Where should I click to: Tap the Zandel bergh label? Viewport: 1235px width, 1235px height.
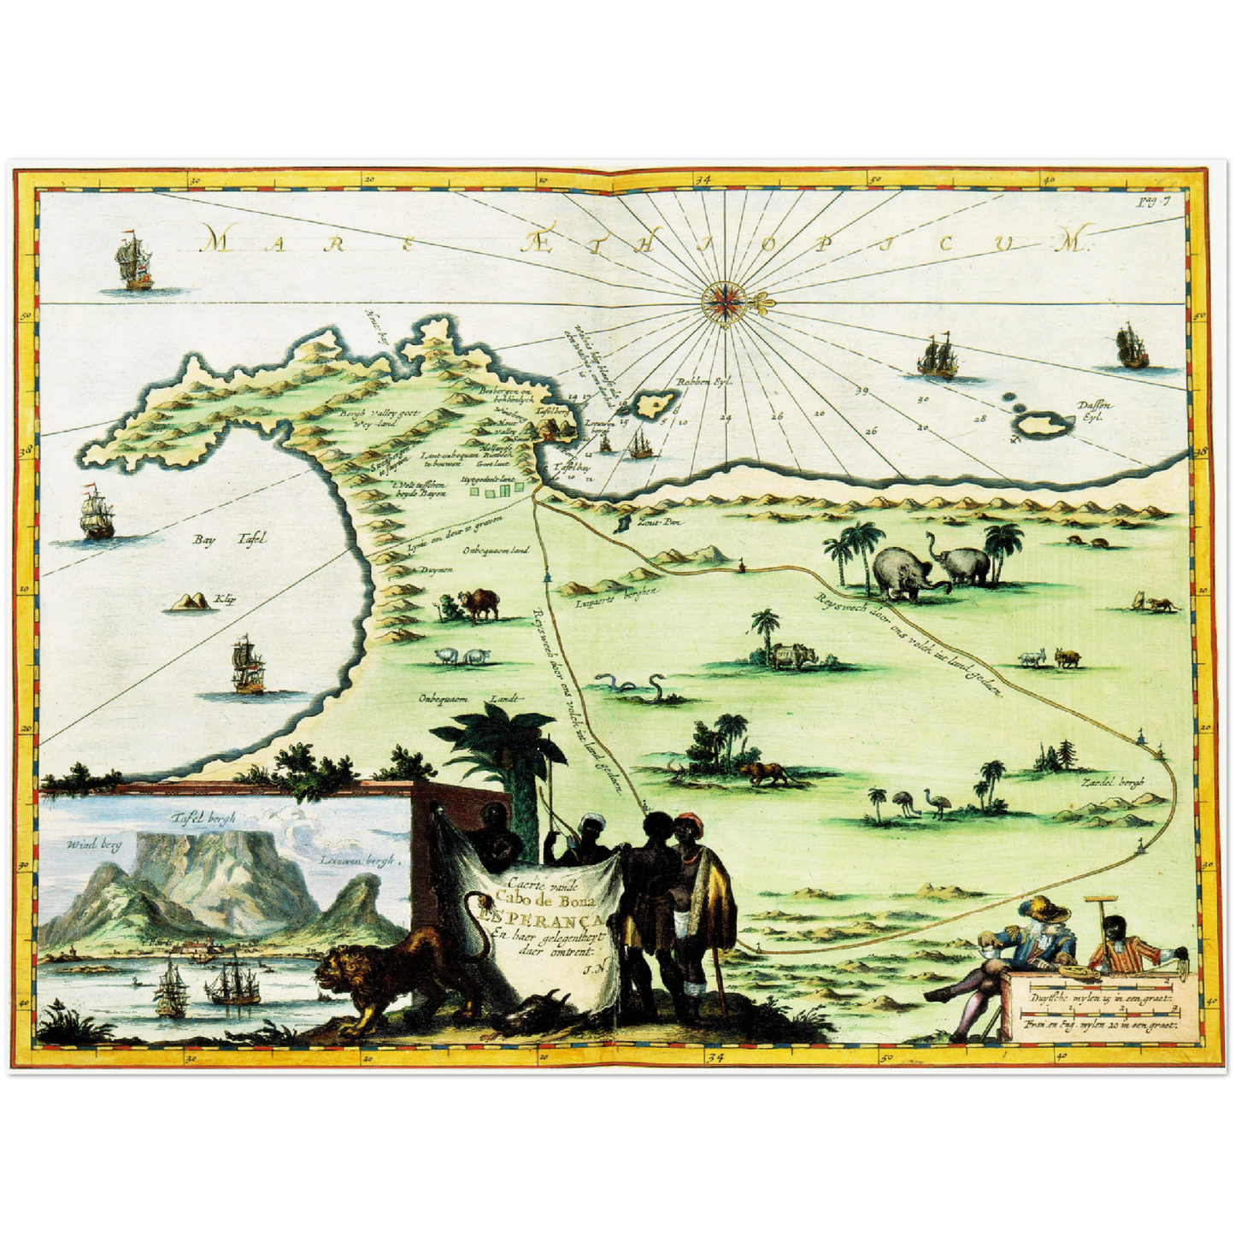1112,782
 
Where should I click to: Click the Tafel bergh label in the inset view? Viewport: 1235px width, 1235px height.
202,817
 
